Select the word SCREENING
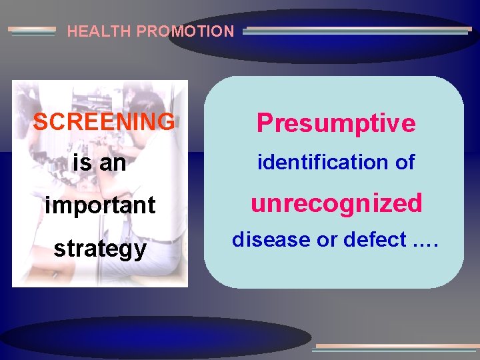pyautogui.click(x=104, y=122)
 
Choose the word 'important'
pyautogui.click(x=100, y=205)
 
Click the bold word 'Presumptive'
pyautogui.click(x=336, y=123)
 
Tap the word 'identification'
pyautogui.click(x=317, y=162)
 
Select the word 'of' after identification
pyautogui.click(x=404, y=162)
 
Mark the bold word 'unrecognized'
pyautogui.click(x=336, y=203)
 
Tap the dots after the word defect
pyautogui.click(x=425, y=242)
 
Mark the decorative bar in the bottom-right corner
pyautogui.click(x=396, y=347)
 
